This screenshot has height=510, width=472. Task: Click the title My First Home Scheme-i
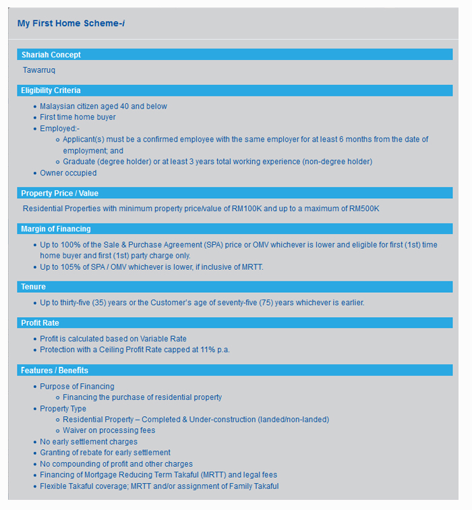tap(71, 24)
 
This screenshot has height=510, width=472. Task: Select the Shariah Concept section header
tap(51, 55)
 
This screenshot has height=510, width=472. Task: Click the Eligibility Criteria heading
tap(51, 90)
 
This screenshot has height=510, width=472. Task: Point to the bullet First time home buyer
tap(78, 117)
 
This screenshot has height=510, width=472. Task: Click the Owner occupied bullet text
tap(68, 173)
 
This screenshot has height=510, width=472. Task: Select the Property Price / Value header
tap(59, 194)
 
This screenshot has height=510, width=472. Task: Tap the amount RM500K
tap(364, 208)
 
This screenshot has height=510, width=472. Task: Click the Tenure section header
tap(33, 287)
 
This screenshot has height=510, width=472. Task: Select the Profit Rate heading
tap(40, 323)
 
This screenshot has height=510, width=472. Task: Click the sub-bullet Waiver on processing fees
tap(109, 430)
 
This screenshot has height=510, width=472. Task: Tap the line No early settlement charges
tap(88, 442)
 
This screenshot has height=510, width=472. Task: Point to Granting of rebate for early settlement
tap(105, 453)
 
